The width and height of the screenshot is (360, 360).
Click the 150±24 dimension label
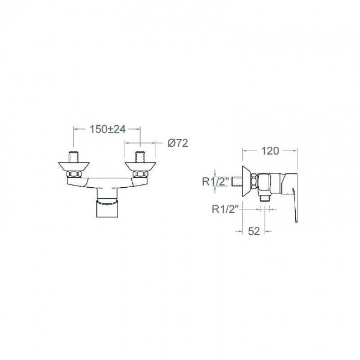(x=107, y=129)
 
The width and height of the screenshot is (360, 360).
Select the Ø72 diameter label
(x=177, y=143)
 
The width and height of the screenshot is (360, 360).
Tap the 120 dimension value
(x=270, y=151)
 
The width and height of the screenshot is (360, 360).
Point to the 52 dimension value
(x=254, y=231)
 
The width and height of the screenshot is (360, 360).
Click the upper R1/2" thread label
(x=215, y=181)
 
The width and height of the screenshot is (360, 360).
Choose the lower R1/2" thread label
(x=225, y=209)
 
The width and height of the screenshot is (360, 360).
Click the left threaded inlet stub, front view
(x=73, y=157)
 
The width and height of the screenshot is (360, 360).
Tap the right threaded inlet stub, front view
(x=140, y=157)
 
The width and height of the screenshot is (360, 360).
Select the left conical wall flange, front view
(x=74, y=167)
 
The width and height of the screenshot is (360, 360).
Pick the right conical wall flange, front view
(x=140, y=167)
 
